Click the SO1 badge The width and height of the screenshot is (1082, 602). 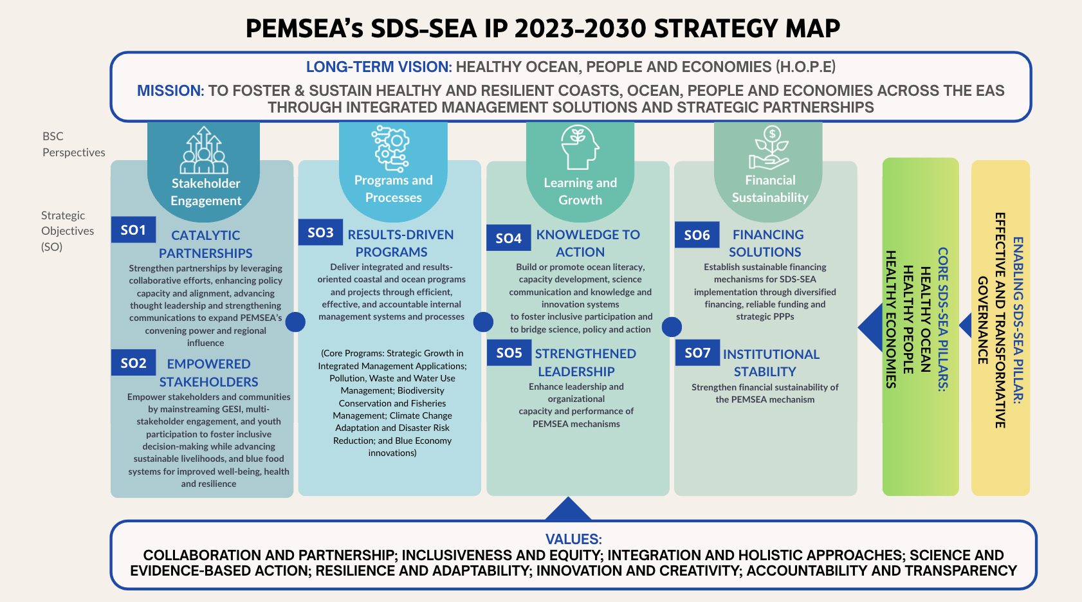(133, 230)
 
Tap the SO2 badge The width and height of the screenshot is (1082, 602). (133, 363)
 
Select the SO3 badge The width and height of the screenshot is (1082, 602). (320, 232)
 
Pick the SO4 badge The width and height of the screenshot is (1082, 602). (509, 237)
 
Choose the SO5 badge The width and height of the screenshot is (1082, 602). (509, 352)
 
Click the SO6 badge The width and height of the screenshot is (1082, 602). (697, 235)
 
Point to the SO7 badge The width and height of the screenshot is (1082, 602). (697, 352)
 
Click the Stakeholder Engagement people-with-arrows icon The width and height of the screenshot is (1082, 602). (204, 150)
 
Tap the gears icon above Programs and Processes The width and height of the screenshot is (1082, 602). (390, 149)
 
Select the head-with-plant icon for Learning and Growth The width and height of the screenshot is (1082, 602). (580, 147)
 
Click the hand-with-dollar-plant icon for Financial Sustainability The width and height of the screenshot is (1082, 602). (769, 148)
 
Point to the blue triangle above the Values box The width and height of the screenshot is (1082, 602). (568, 509)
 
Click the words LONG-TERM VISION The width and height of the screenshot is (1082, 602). (379, 67)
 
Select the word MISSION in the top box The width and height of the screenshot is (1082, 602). (170, 91)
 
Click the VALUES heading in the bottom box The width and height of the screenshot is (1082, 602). (573, 539)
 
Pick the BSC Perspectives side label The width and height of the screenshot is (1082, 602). (73, 144)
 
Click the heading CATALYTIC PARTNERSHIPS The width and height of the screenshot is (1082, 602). (206, 244)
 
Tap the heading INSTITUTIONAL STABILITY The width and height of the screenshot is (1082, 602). (771, 363)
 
